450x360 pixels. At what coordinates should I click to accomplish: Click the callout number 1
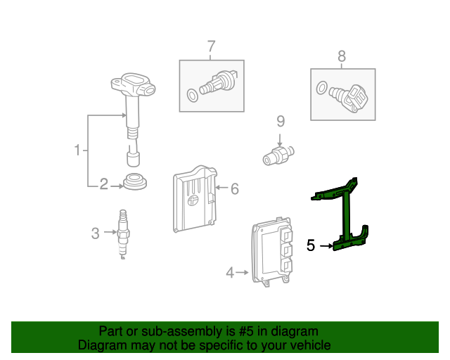pyautogui.click(x=77, y=150)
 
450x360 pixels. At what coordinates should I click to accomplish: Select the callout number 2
pyautogui.click(x=103, y=185)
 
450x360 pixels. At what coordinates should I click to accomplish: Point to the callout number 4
pyautogui.click(x=229, y=272)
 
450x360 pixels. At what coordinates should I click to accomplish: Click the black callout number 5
pyautogui.click(x=311, y=246)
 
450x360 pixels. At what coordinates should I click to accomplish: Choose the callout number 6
pyautogui.click(x=235, y=188)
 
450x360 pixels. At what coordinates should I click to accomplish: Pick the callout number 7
pyautogui.click(x=210, y=47)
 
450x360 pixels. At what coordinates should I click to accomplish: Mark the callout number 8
pyautogui.click(x=342, y=56)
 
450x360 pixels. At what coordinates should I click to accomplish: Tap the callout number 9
pyautogui.click(x=279, y=121)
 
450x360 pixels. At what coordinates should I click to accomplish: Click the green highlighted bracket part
pyautogui.click(x=347, y=214)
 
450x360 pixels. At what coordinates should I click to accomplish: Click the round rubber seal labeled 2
pyautogui.click(x=134, y=181)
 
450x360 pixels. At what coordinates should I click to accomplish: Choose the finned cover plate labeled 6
pyautogui.click(x=193, y=199)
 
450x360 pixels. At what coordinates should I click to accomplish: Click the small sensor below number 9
pyautogui.click(x=278, y=155)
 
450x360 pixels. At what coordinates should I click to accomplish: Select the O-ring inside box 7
pyautogui.click(x=192, y=95)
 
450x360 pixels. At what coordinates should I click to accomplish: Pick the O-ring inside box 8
pyautogui.click(x=321, y=88)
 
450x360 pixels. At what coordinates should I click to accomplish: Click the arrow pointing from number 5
pyautogui.click(x=326, y=246)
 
